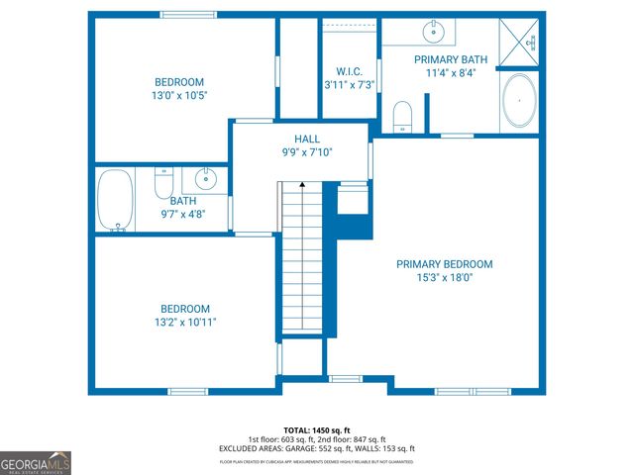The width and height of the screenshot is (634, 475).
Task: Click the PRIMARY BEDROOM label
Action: pos(444,264)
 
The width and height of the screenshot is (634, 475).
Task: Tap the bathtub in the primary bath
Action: pos(519,102)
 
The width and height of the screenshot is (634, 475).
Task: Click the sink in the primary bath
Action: pos(434,33)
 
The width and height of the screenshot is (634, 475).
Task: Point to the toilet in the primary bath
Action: pos(402,116)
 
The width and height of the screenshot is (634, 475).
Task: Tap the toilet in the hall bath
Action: pos(164,183)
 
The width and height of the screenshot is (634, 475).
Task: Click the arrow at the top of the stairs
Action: pos(302,185)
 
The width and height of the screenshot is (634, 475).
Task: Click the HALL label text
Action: pos(306,140)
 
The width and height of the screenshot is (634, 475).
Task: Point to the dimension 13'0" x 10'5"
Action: pos(179,95)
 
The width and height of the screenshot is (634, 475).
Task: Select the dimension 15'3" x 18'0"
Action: pos(444,278)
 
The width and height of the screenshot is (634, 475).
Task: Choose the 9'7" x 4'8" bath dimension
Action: pos(182,214)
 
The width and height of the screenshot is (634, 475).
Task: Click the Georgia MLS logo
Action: pos(36,461)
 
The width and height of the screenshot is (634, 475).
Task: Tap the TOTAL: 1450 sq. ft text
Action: pos(316,430)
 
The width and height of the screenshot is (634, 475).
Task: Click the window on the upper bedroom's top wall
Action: pos(188,14)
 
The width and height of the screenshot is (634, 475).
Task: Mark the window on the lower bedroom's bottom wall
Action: pos(187,391)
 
